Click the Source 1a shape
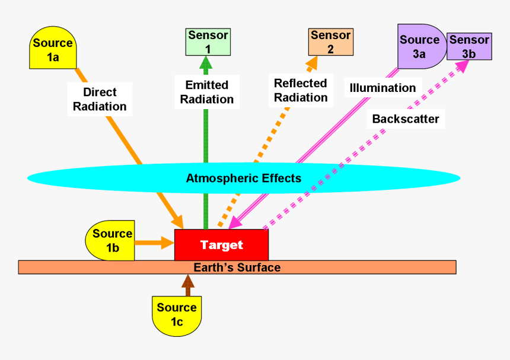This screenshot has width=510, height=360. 53,49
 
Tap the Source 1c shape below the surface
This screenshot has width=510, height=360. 176,314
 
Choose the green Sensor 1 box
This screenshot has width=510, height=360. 208,42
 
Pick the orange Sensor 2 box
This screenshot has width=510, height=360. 330,42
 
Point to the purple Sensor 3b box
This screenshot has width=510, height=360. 469,46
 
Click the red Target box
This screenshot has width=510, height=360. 221,244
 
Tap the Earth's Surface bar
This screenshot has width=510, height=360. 237,267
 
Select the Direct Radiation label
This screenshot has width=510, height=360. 100,99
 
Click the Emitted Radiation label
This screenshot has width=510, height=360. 207,92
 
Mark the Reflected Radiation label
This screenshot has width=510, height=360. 301,90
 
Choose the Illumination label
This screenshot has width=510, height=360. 383,88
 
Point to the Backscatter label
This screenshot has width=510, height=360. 406,119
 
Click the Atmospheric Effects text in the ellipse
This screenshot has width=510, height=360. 244,178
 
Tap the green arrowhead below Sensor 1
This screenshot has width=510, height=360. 206,63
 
